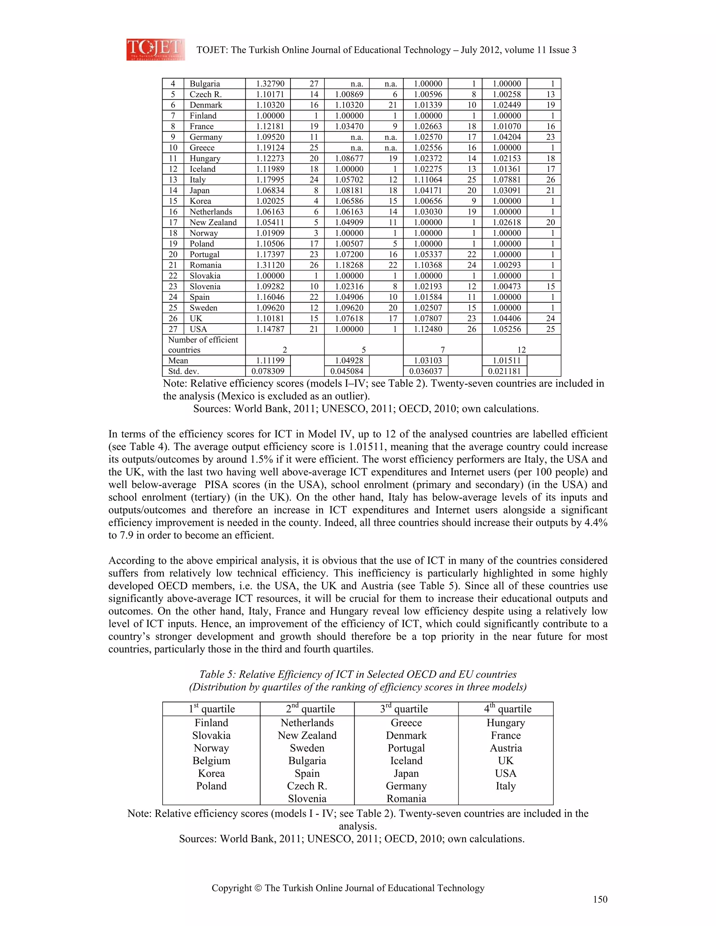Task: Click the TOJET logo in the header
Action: click(155, 49)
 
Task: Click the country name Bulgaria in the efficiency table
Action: click(205, 84)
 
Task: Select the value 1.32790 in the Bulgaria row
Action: click(270, 84)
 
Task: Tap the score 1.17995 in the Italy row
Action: click(270, 180)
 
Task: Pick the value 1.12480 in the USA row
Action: click(428, 330)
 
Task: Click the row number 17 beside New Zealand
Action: click(173, 223)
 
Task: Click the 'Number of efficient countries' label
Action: click(203, 345)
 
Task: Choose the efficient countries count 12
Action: click(521, 350)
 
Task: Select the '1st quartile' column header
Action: click(212, 709)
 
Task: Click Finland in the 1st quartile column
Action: click(211, 723)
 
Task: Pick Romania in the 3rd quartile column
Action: click(406, 799)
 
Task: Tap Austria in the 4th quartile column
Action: click(506, 748)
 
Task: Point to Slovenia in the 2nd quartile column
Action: click(307, 799)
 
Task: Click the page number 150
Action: click(600, 900)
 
